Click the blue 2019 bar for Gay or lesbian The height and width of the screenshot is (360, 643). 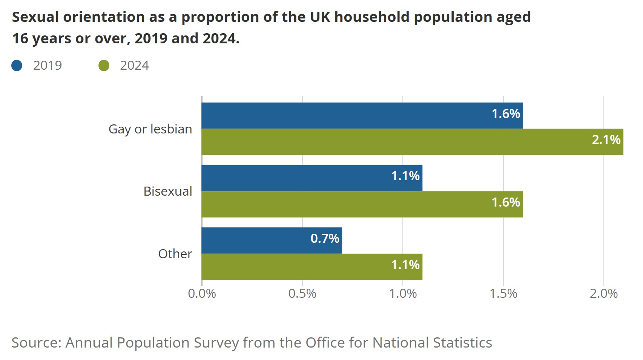[x=362, y=115]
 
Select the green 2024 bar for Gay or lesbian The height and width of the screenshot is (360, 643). [x=412, y=142]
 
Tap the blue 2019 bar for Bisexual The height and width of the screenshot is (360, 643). [x=312, y=178]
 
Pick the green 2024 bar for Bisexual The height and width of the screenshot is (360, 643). [x=362, y=204]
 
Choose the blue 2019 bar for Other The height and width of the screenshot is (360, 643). [x=272, y=241]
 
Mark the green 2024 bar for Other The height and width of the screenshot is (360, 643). [x=312, y=267]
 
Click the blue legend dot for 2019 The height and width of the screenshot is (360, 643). [x=17, y=66]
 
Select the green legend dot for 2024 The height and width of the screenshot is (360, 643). [x=104, y=66]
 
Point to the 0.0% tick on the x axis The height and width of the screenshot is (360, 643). [x=202, y=294]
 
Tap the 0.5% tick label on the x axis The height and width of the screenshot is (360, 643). [x=302, y=294]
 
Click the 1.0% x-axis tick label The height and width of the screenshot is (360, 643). [x=403, y=294]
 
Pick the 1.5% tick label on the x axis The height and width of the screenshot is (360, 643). [x=503, y=294]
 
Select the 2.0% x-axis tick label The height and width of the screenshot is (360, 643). [x=603, y=294]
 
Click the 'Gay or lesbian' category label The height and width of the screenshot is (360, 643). [x=150, y=129]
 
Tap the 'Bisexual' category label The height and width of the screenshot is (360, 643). [x=168, y=191]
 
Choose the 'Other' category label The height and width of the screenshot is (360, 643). [x=175, y=254]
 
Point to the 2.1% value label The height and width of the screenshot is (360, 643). [x=606, y=140]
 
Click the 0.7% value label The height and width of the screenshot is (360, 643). [x=325, y=238]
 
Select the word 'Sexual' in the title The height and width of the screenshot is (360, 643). [x=35, y=17]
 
